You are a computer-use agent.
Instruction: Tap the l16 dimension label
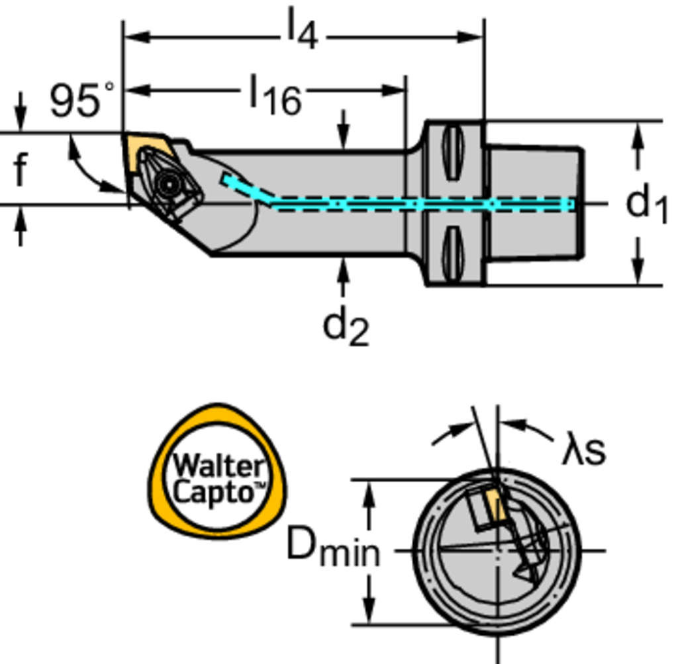point(275,95)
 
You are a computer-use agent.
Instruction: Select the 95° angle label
point(81,101)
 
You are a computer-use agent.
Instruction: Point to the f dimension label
point(21,169)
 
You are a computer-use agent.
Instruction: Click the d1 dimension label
point(646,203)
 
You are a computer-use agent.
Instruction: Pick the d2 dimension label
point(345,327)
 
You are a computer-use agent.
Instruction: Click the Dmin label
point(332,550)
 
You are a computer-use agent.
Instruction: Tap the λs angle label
point(583,450)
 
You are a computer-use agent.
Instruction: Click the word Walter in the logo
point(218,466)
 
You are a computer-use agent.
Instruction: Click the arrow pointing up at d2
point(342,275)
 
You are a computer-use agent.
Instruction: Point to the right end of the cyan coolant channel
point(568,204)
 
